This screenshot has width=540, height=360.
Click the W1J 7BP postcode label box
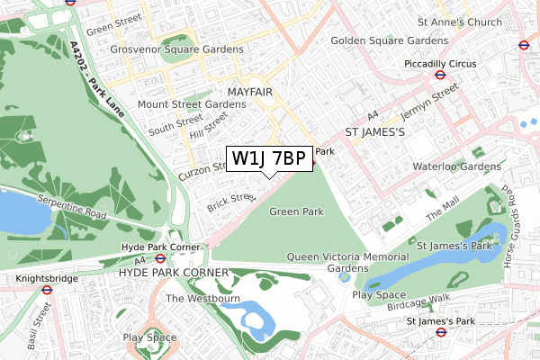point(269,158)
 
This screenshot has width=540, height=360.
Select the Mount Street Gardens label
point(192,104)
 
